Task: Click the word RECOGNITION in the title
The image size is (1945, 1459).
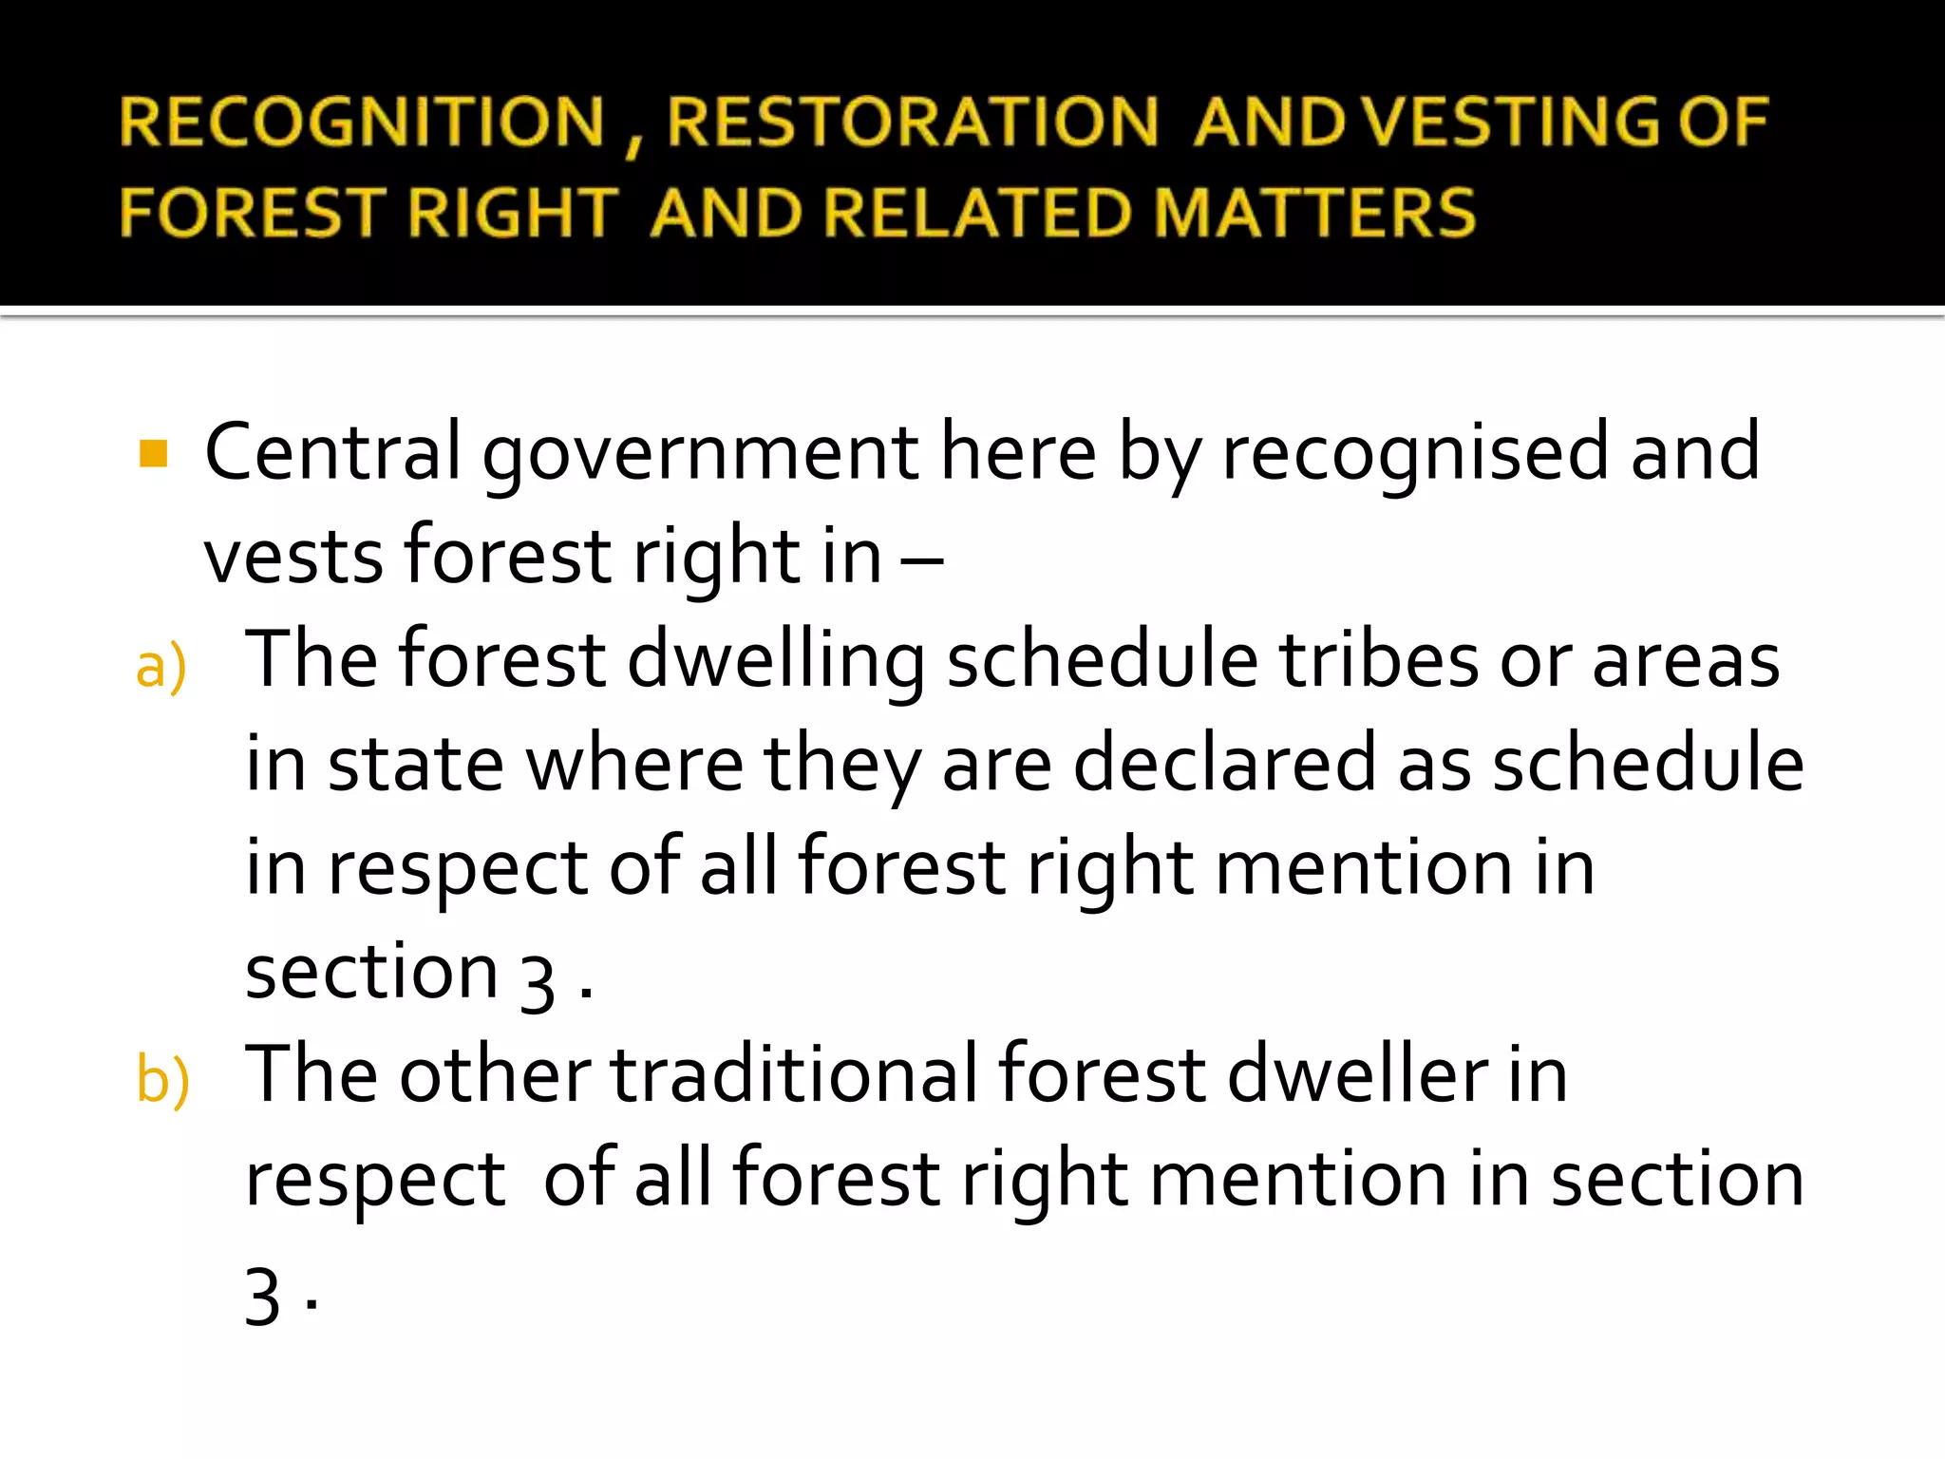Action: (x=362, y=123)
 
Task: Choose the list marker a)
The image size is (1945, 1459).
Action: (x=161, y=667)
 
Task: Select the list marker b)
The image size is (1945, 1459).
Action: (x=162, y=1081)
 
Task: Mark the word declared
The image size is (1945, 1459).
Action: (x=1224, y=764)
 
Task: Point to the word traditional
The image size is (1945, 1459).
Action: (x=793, y=1075)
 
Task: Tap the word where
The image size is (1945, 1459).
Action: (x=634, y=764)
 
